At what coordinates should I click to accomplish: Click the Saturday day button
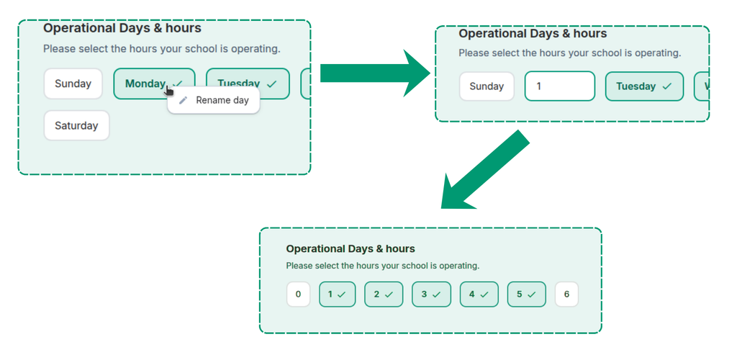click(76, 125)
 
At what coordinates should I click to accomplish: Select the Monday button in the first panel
click(154, 84)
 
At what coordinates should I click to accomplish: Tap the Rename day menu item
click(213, 100)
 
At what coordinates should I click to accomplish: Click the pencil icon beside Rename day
click(184, 100)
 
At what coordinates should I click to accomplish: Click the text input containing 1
click(560, 86)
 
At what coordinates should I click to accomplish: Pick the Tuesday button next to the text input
click(644, 86)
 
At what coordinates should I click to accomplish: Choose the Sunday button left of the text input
click(487, 86)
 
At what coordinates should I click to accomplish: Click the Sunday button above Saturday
click(73, 84)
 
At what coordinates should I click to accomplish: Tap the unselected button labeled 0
click(299, 294)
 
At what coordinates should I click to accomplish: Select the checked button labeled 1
click(337, 294)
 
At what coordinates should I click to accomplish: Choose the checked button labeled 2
click(384, 294)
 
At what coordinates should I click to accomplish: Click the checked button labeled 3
click(431, 294)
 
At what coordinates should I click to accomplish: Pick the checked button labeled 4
click(479, 294)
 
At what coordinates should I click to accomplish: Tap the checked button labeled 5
click(526, 294)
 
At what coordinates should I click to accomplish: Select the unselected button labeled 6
click(566, 294)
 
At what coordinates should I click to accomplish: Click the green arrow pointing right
click(375, 73)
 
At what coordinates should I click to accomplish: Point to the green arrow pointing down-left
click(484, 170)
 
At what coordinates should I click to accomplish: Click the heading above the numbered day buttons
click(351, 248)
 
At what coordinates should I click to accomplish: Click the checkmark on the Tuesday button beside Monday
click(271, 84)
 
